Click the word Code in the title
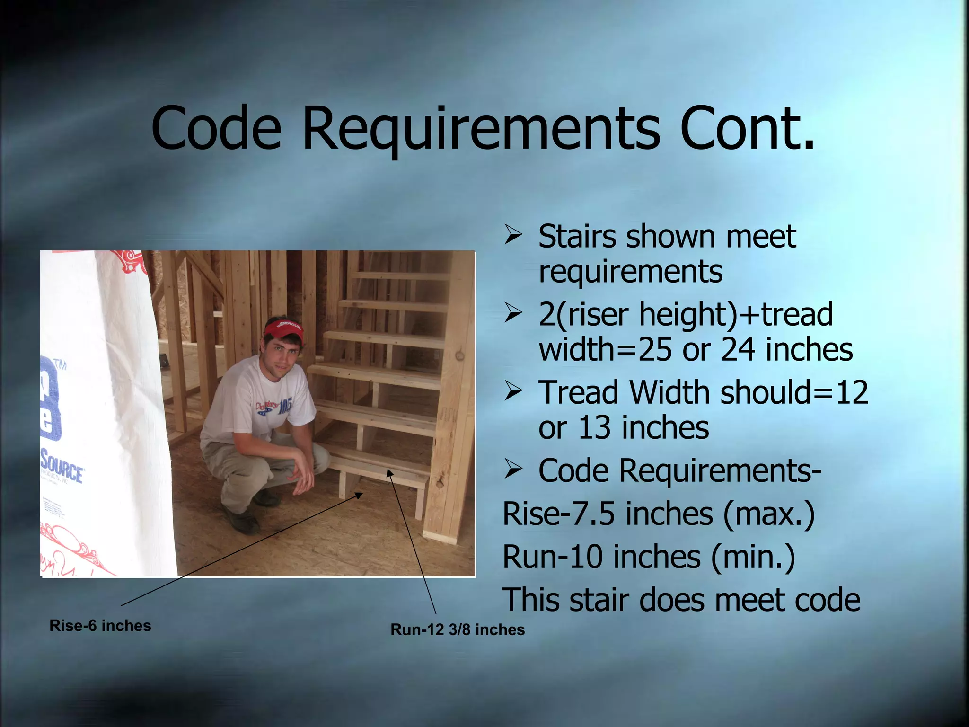(x=216, y=128)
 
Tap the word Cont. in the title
(x=748, y=128)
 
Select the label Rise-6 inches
(x=100, y=626)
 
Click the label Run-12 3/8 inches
(x=458, y=629)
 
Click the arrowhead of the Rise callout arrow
(x=360, y=495)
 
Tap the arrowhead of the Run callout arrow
(x=389, y=472)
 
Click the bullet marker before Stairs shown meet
(x=512, y=236)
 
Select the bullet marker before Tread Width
(x=512, y=392)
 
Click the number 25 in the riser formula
(x=655, y=350)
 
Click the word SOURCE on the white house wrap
(x=62, y=467)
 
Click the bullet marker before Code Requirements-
(x=512, y=470)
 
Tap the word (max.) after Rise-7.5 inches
(x=769, y=514)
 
